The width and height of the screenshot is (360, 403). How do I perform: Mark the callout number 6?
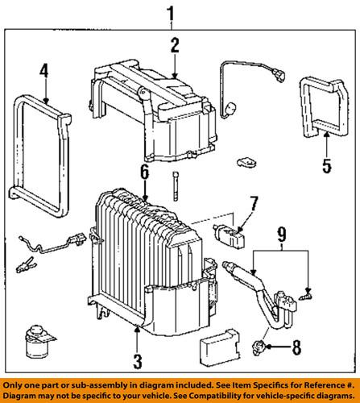tap(143, 172)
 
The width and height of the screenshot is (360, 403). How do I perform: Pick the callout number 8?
tap(296, 348)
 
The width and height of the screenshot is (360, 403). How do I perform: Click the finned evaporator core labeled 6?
tap(145, 234)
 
